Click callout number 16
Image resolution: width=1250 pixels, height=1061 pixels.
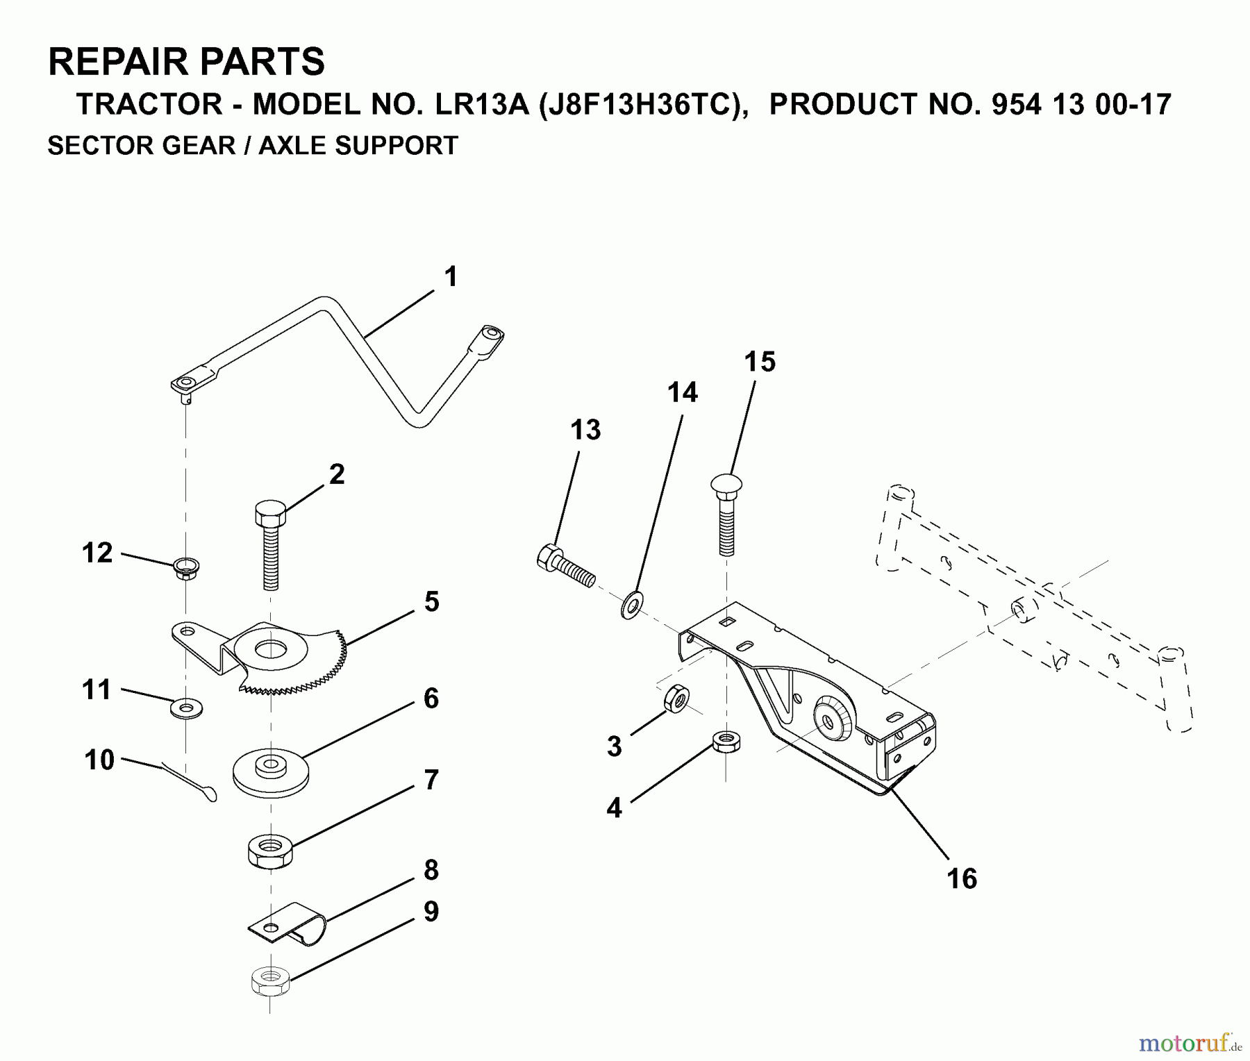pyautogui.click(x=961, y=878)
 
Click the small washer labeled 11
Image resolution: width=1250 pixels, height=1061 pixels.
pyautogui.click(x=185, y=709)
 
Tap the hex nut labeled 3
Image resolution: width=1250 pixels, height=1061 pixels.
pyautogui.click(x=676, y=699)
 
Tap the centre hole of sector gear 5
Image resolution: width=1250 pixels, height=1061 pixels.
pyautogui.click(x=271, y=651)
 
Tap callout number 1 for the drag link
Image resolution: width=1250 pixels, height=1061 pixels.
pyautogui.click(x=451, y=276)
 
